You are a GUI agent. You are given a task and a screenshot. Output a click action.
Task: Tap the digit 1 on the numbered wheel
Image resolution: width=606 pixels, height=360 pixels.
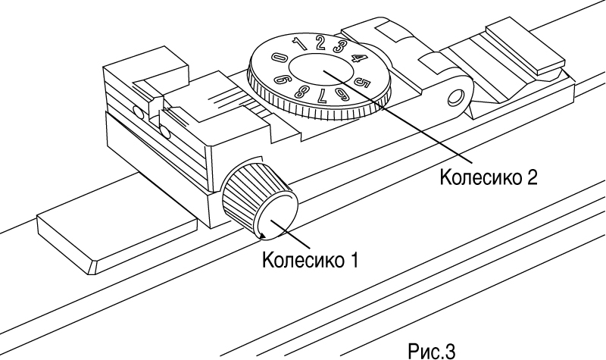[298, 44]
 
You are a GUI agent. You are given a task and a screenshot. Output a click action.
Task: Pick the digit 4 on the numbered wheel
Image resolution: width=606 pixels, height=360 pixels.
[358, 58]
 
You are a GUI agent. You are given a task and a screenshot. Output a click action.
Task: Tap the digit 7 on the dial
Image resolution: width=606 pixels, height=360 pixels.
[320, 97]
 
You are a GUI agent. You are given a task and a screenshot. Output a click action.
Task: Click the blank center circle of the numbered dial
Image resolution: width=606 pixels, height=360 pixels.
[320, 70]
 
